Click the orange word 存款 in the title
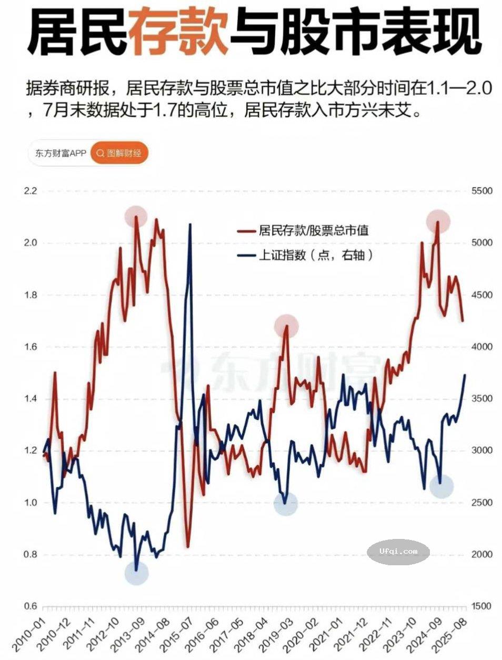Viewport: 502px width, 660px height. point(178,33)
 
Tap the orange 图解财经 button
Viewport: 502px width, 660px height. point(119,153)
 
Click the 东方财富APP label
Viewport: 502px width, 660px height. point(60,153)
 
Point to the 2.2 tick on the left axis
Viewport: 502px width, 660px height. point(31,191)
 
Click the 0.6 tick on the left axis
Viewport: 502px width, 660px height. point(31,606)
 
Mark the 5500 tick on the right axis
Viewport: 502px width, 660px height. point(481,191)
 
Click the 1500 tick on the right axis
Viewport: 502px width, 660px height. point(481,606)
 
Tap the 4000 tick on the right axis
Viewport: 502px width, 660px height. point(481,347)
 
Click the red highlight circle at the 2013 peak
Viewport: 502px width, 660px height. point(136,216)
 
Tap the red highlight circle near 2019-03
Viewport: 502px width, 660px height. point(286,326)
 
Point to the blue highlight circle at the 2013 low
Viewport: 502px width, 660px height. point(137,573)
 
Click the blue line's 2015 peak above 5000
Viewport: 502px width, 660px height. point(190,225)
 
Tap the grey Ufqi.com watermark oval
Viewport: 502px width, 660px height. point(398,552)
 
